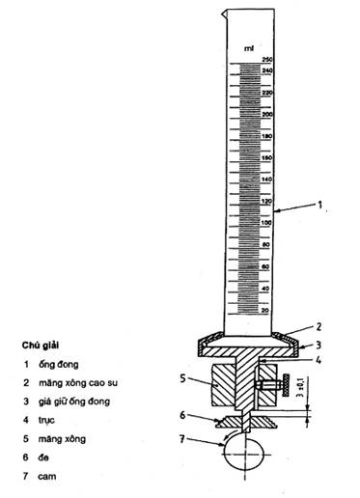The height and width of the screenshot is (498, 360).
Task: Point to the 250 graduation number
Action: pos(267,60)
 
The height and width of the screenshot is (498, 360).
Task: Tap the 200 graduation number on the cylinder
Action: pos(267,114)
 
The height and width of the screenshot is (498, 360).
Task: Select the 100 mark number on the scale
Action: pos(267,223)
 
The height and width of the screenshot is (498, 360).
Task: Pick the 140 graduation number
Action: pos(267,180)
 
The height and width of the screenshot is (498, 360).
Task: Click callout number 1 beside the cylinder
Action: pos(330,206)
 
